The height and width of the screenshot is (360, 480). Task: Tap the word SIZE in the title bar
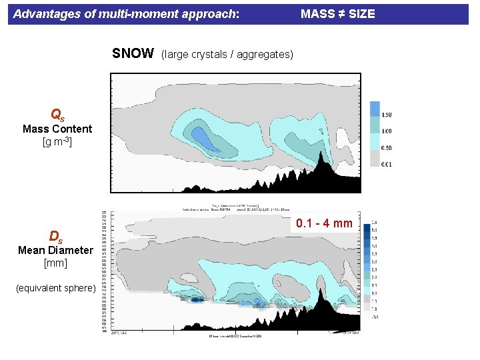(x=361, y=13)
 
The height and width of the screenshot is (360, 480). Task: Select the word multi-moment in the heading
(x=116, y=13)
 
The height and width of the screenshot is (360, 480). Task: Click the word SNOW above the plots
(x=133, y=54)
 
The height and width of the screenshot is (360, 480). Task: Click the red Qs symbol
(x=57, y=115)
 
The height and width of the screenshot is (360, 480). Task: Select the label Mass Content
(x=57, y=129)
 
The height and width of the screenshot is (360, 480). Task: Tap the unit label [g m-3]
(x=57, y=142)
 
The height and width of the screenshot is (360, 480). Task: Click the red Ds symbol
(x=56, y=237)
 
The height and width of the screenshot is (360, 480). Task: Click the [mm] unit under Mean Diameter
(x=55, y=263)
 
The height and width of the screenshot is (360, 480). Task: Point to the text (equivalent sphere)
(x=56, y=288)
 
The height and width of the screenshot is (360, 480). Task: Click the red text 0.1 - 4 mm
(x=324, y=223)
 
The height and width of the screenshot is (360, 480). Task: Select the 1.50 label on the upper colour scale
(x=385, y=115)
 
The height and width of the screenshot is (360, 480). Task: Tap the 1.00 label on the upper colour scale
(x=385, y=131)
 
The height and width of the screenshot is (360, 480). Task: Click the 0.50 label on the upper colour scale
(x=385, y=148)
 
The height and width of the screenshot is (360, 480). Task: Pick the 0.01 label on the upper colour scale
(x=385, y=164)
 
